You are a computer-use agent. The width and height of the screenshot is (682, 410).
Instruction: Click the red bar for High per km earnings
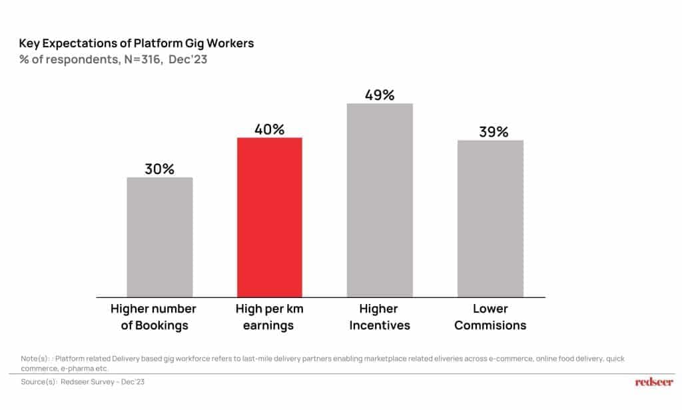(270, 217)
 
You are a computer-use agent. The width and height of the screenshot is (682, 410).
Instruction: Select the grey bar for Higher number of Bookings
(160, 237)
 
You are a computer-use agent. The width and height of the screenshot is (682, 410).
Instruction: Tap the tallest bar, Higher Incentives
(380, 200)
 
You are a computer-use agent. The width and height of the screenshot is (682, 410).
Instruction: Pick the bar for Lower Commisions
(490, 218)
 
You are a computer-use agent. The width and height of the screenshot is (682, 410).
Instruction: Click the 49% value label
(380, 95)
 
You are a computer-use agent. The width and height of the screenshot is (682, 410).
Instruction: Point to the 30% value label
(160, 169)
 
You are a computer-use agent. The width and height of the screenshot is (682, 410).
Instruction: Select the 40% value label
(270, 129)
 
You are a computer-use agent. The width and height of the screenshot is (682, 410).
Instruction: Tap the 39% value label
(494, 131)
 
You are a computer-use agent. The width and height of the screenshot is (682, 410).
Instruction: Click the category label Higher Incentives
(379, 317)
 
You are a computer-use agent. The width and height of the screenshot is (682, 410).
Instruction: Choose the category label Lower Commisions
(491, 317)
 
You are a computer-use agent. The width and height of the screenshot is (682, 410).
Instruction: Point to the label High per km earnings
(269, 317)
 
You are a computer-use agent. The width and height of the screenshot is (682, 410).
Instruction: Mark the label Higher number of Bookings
(153, 317)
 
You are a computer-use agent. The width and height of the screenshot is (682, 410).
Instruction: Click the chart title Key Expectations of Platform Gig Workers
(137, 43)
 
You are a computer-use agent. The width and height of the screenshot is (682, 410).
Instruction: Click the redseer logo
(654, 382)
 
